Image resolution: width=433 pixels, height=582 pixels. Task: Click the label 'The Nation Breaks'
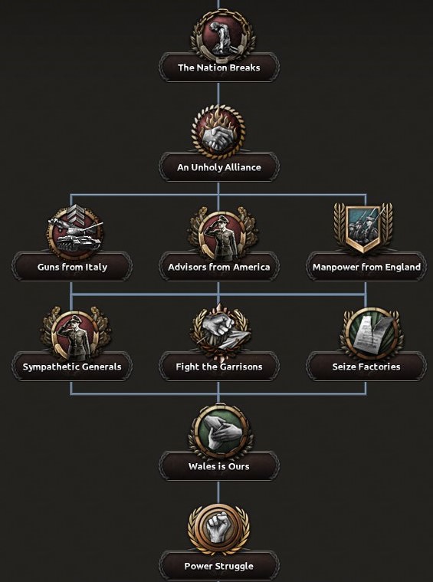coord(219,67)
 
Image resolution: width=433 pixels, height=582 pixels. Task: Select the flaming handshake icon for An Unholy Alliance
coord(218,132)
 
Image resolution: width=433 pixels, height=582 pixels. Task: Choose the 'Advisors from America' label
coord(219,267)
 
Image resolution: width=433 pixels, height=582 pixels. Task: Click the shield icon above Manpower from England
coord(363,228)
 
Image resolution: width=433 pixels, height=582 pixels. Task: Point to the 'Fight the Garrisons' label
coord(219,367)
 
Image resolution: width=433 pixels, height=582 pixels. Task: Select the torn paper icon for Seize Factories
coord(371,334)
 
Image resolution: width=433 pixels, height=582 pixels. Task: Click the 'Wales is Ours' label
coord(219,466)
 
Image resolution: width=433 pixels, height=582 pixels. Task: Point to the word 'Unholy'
coord(206,167)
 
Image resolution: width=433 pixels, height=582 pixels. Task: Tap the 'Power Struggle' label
coord(219,566)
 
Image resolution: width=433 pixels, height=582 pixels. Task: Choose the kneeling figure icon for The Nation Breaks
coord(222,36)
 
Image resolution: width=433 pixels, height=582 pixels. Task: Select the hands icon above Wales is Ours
coord(221,432)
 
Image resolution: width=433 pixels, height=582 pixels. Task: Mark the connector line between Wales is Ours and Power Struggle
coord(218,492)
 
